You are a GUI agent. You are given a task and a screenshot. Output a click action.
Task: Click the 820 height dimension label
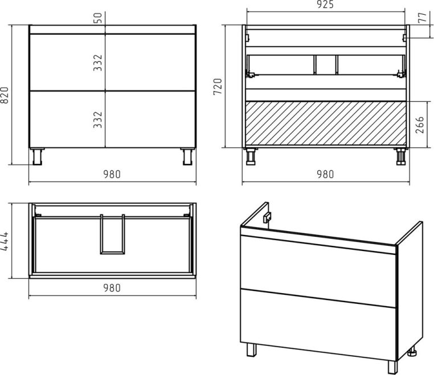point(5,95)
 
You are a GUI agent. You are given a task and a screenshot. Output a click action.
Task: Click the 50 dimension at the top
point(98,18)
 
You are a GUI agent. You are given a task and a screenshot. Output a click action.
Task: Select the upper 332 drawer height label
point(98,63)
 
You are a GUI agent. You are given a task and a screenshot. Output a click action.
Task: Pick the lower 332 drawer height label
point(98,119)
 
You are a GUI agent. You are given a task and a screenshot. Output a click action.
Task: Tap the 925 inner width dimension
point(325,5)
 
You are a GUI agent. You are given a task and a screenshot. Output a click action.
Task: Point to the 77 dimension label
point(423,18)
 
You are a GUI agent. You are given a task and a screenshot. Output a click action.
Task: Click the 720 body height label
point(218,86)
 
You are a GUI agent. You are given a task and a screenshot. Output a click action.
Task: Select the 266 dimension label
point(420,125)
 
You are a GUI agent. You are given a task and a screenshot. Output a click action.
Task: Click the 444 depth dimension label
point(5,241)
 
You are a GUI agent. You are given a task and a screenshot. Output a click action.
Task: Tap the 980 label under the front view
point(112,174)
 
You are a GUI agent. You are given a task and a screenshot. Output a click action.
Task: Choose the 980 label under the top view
point(112,288)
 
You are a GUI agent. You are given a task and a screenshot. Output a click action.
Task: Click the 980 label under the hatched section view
point(325,174)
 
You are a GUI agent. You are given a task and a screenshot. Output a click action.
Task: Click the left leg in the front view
point(38,157)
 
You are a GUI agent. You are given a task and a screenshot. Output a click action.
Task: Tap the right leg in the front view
point(187,157)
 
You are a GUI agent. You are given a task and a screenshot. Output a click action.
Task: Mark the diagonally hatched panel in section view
point(326,123)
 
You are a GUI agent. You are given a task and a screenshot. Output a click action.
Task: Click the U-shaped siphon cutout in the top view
point(112,234)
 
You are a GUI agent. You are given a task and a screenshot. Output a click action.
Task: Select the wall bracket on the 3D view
point(267,217)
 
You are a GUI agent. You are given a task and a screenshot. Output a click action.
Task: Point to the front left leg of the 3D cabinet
point(251,349)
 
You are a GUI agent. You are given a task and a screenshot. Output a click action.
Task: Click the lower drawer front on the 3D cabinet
point(318,325)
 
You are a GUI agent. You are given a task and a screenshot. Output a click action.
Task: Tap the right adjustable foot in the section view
point(400,156)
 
